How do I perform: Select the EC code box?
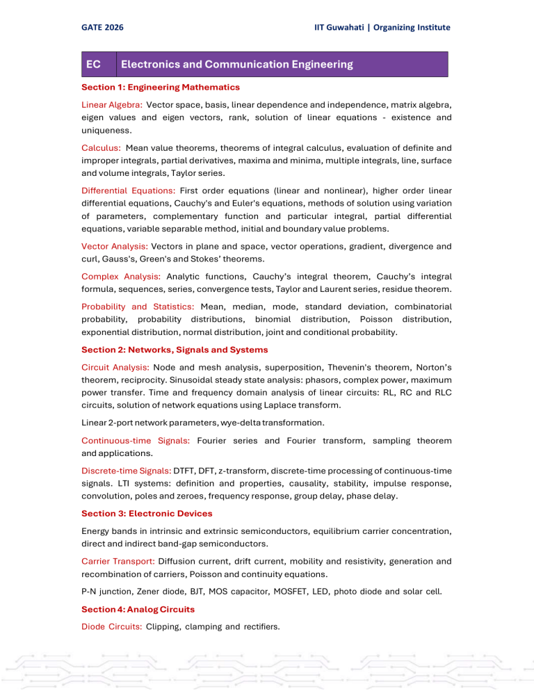pyautogui.click(x=92, y=65)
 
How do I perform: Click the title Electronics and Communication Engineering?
pyautogui.click(x=236, y=65)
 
